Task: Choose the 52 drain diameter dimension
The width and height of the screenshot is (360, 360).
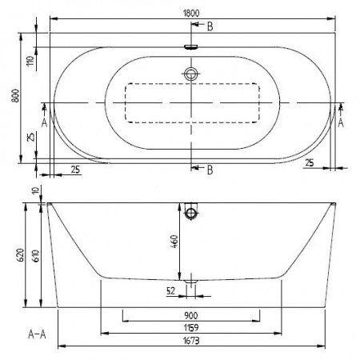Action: pyautogui.click(x=170, y=291)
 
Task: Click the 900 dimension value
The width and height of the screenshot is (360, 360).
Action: pyautogui.click(x=190, y=315)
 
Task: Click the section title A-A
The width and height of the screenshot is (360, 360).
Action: pyautogui.click(x=35, y=334)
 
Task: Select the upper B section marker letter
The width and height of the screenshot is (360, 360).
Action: pyautogui.click(x=210, y=28)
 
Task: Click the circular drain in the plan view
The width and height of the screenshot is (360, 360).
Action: pyautogui.click(x=190, y=74)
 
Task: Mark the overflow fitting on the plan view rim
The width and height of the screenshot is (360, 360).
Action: pyautogui.click(x=190, y=46)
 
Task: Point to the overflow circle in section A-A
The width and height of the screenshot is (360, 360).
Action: pyautogui.click(x=190, y=213)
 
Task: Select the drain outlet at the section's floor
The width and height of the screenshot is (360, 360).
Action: pyautogui.click(x=190, y=282)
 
